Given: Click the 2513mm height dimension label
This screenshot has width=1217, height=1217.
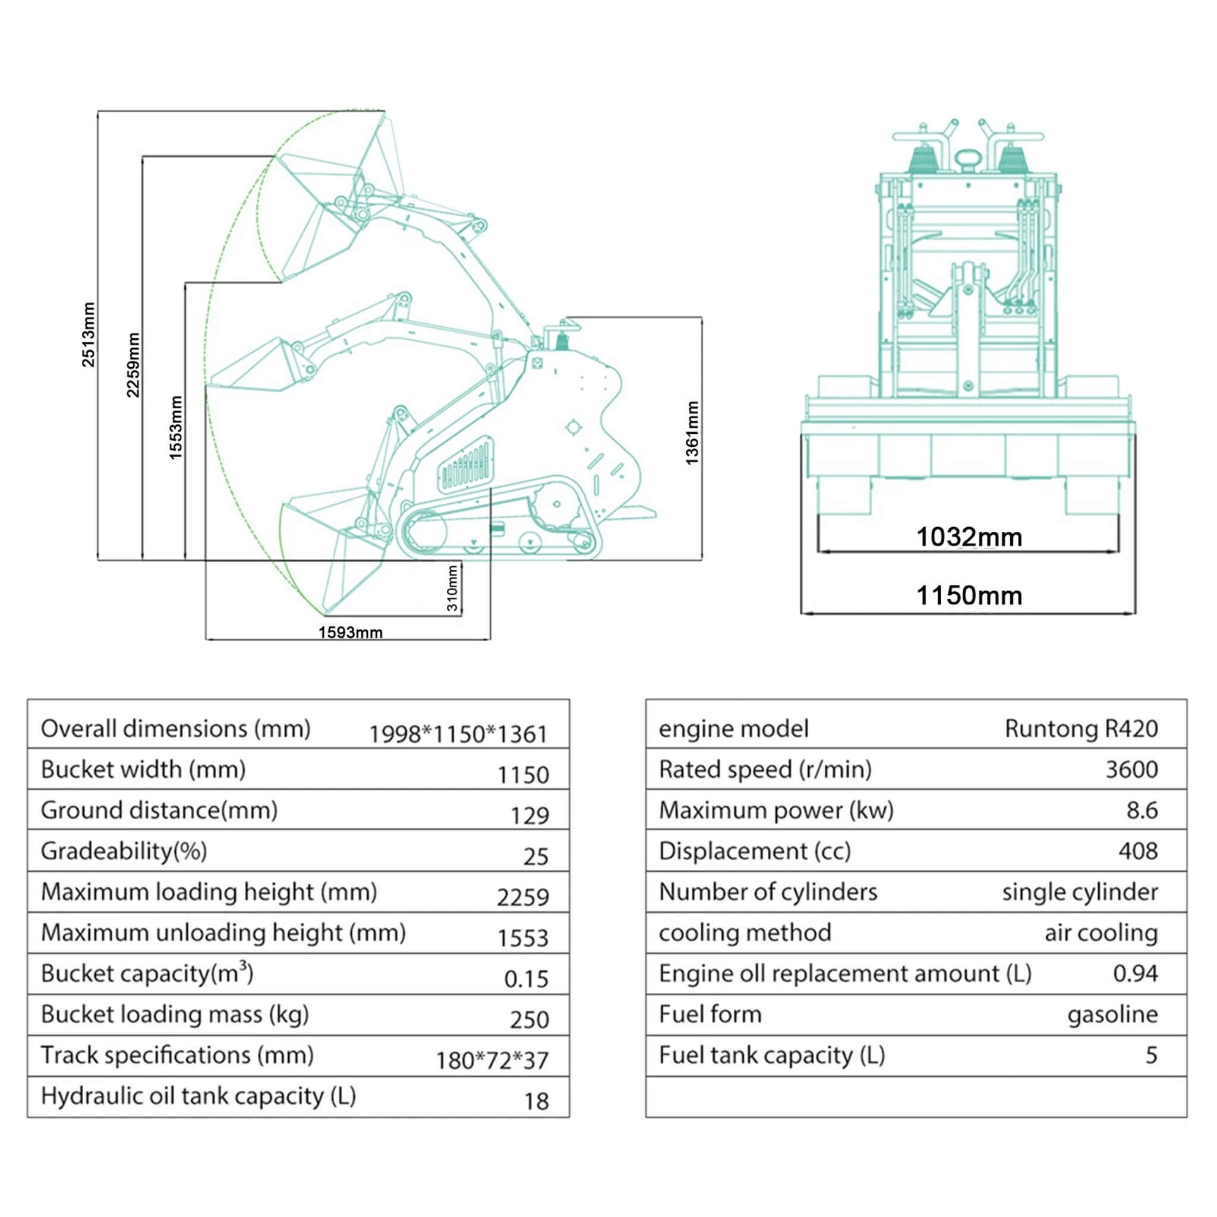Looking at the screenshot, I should pos(88,334).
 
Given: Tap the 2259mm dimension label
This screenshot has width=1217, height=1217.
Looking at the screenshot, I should pos(133,365).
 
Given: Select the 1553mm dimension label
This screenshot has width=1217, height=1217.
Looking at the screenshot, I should pos(176,427).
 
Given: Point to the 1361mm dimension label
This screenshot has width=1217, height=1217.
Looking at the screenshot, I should pos(692,433).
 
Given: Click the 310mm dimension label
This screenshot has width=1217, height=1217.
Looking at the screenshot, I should pos(452,588).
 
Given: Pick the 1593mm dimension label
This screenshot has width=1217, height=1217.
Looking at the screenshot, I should pos(350,632).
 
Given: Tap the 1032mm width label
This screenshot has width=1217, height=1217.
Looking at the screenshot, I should pos(968,537).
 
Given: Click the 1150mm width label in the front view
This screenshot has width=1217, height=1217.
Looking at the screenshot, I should pos(968,595).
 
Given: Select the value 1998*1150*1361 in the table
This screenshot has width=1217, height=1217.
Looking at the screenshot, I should pos(458,734).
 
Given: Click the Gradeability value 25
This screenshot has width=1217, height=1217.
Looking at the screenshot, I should pos(535,856).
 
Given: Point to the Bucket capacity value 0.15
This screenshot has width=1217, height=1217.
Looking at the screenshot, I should pos(526,978).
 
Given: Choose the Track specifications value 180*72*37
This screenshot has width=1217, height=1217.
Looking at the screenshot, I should pos(492,1060).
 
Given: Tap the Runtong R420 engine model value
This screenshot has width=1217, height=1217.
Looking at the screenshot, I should pos(1080,728).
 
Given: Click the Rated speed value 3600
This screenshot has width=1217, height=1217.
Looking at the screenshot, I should pos(1131,769).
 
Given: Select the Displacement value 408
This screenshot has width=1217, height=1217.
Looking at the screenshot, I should pos(1137,850).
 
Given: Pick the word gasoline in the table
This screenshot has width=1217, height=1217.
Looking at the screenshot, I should pos(1112,1014).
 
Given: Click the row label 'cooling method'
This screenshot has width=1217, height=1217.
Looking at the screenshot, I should pos(745,932).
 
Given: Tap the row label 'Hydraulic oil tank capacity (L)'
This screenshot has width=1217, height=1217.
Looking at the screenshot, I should pos(198,1096).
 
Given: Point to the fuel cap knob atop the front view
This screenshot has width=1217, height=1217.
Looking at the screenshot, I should pos(967,159).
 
